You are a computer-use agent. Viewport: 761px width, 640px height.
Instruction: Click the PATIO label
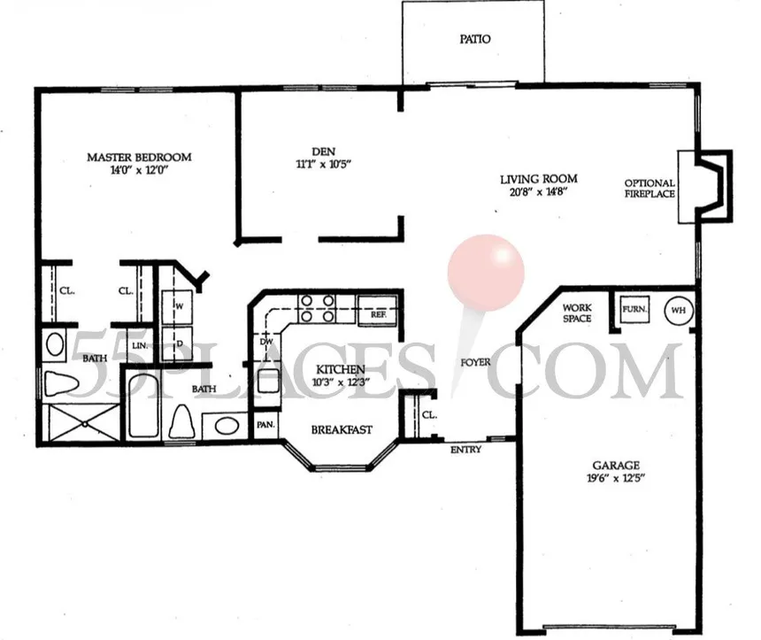pos(475,40)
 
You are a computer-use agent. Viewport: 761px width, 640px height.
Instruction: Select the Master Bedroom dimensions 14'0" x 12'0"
pos(138,171)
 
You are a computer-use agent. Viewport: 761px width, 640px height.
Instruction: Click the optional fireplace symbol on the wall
pos(705,185)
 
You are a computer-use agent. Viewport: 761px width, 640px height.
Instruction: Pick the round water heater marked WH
pos(678,311)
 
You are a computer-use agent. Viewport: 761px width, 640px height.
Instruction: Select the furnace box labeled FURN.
pos(633,311)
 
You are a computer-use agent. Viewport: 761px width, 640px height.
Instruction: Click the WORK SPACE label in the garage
pos(577,313)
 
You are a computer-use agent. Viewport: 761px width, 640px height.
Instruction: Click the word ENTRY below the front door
pos(465,450)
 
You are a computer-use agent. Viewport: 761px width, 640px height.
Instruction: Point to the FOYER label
pos(474,363)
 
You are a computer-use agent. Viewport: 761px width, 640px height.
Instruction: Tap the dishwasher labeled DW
pos(265,341)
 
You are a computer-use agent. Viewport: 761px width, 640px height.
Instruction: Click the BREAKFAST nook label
pos(341,430)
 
